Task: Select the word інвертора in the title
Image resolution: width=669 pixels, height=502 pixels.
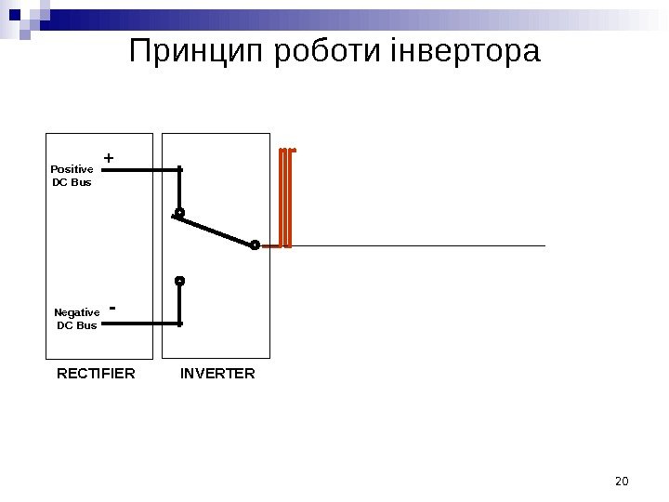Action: tap(464, 52)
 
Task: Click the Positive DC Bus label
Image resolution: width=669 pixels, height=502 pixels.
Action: tap(72, 176)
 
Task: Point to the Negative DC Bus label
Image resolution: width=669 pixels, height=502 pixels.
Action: tap(76, 319)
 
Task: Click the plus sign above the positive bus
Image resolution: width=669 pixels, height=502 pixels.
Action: tap(109, 159)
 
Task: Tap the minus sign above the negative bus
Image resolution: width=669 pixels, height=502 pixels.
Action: tap(112, 306)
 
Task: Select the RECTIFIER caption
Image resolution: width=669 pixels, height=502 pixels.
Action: tap(96, 374)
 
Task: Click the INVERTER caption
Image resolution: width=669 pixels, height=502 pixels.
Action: tap(217, 374)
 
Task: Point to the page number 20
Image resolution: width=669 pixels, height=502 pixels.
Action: tap(623, 481)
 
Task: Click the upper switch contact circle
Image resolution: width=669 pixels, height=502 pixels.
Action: tap(179, 213)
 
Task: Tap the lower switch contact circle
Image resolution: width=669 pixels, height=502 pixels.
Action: tap(180, 280)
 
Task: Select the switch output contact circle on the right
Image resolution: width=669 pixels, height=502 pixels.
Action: tap(255, 245)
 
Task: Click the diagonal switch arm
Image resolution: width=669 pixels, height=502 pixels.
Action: tap(216, 230)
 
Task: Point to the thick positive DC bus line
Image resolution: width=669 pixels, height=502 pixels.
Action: tap(139, 170)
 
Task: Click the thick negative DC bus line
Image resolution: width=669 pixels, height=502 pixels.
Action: tap(139, 324)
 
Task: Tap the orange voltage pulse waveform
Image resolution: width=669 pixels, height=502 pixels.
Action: tap(286, 197)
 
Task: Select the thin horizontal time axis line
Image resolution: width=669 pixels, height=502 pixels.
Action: tap(418, 246)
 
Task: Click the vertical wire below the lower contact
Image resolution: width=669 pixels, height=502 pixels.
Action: tap(180, 304)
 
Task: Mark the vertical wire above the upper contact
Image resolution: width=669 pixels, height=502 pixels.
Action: tap(179, 190)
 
